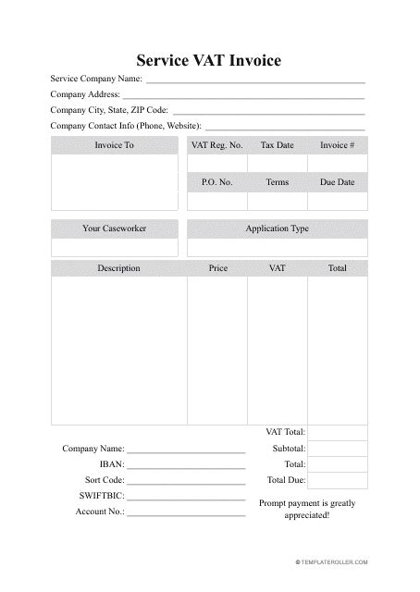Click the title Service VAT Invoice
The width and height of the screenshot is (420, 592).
point(209,61)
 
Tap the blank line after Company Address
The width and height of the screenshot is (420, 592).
point(242,94)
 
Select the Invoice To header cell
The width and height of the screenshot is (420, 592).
point(115,145)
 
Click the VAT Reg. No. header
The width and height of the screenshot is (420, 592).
point(216,145)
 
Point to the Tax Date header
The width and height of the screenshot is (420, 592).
point(277,145)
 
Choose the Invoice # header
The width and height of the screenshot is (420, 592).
point(337,145)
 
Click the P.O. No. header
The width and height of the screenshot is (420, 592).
point(216,182)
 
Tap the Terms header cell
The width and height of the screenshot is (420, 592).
point(277,182)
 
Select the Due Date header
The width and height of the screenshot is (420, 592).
point(337,182)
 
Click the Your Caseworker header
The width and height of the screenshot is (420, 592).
point(115,228)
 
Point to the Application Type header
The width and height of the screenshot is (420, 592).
point(277,228)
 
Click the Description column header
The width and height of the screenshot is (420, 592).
point(118,268)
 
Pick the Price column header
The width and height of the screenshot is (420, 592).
point(217,268)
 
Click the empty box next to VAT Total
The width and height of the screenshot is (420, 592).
point(337,432)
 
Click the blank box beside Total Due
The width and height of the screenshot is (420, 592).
point(337,481)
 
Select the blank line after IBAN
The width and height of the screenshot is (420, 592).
point(186,464)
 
